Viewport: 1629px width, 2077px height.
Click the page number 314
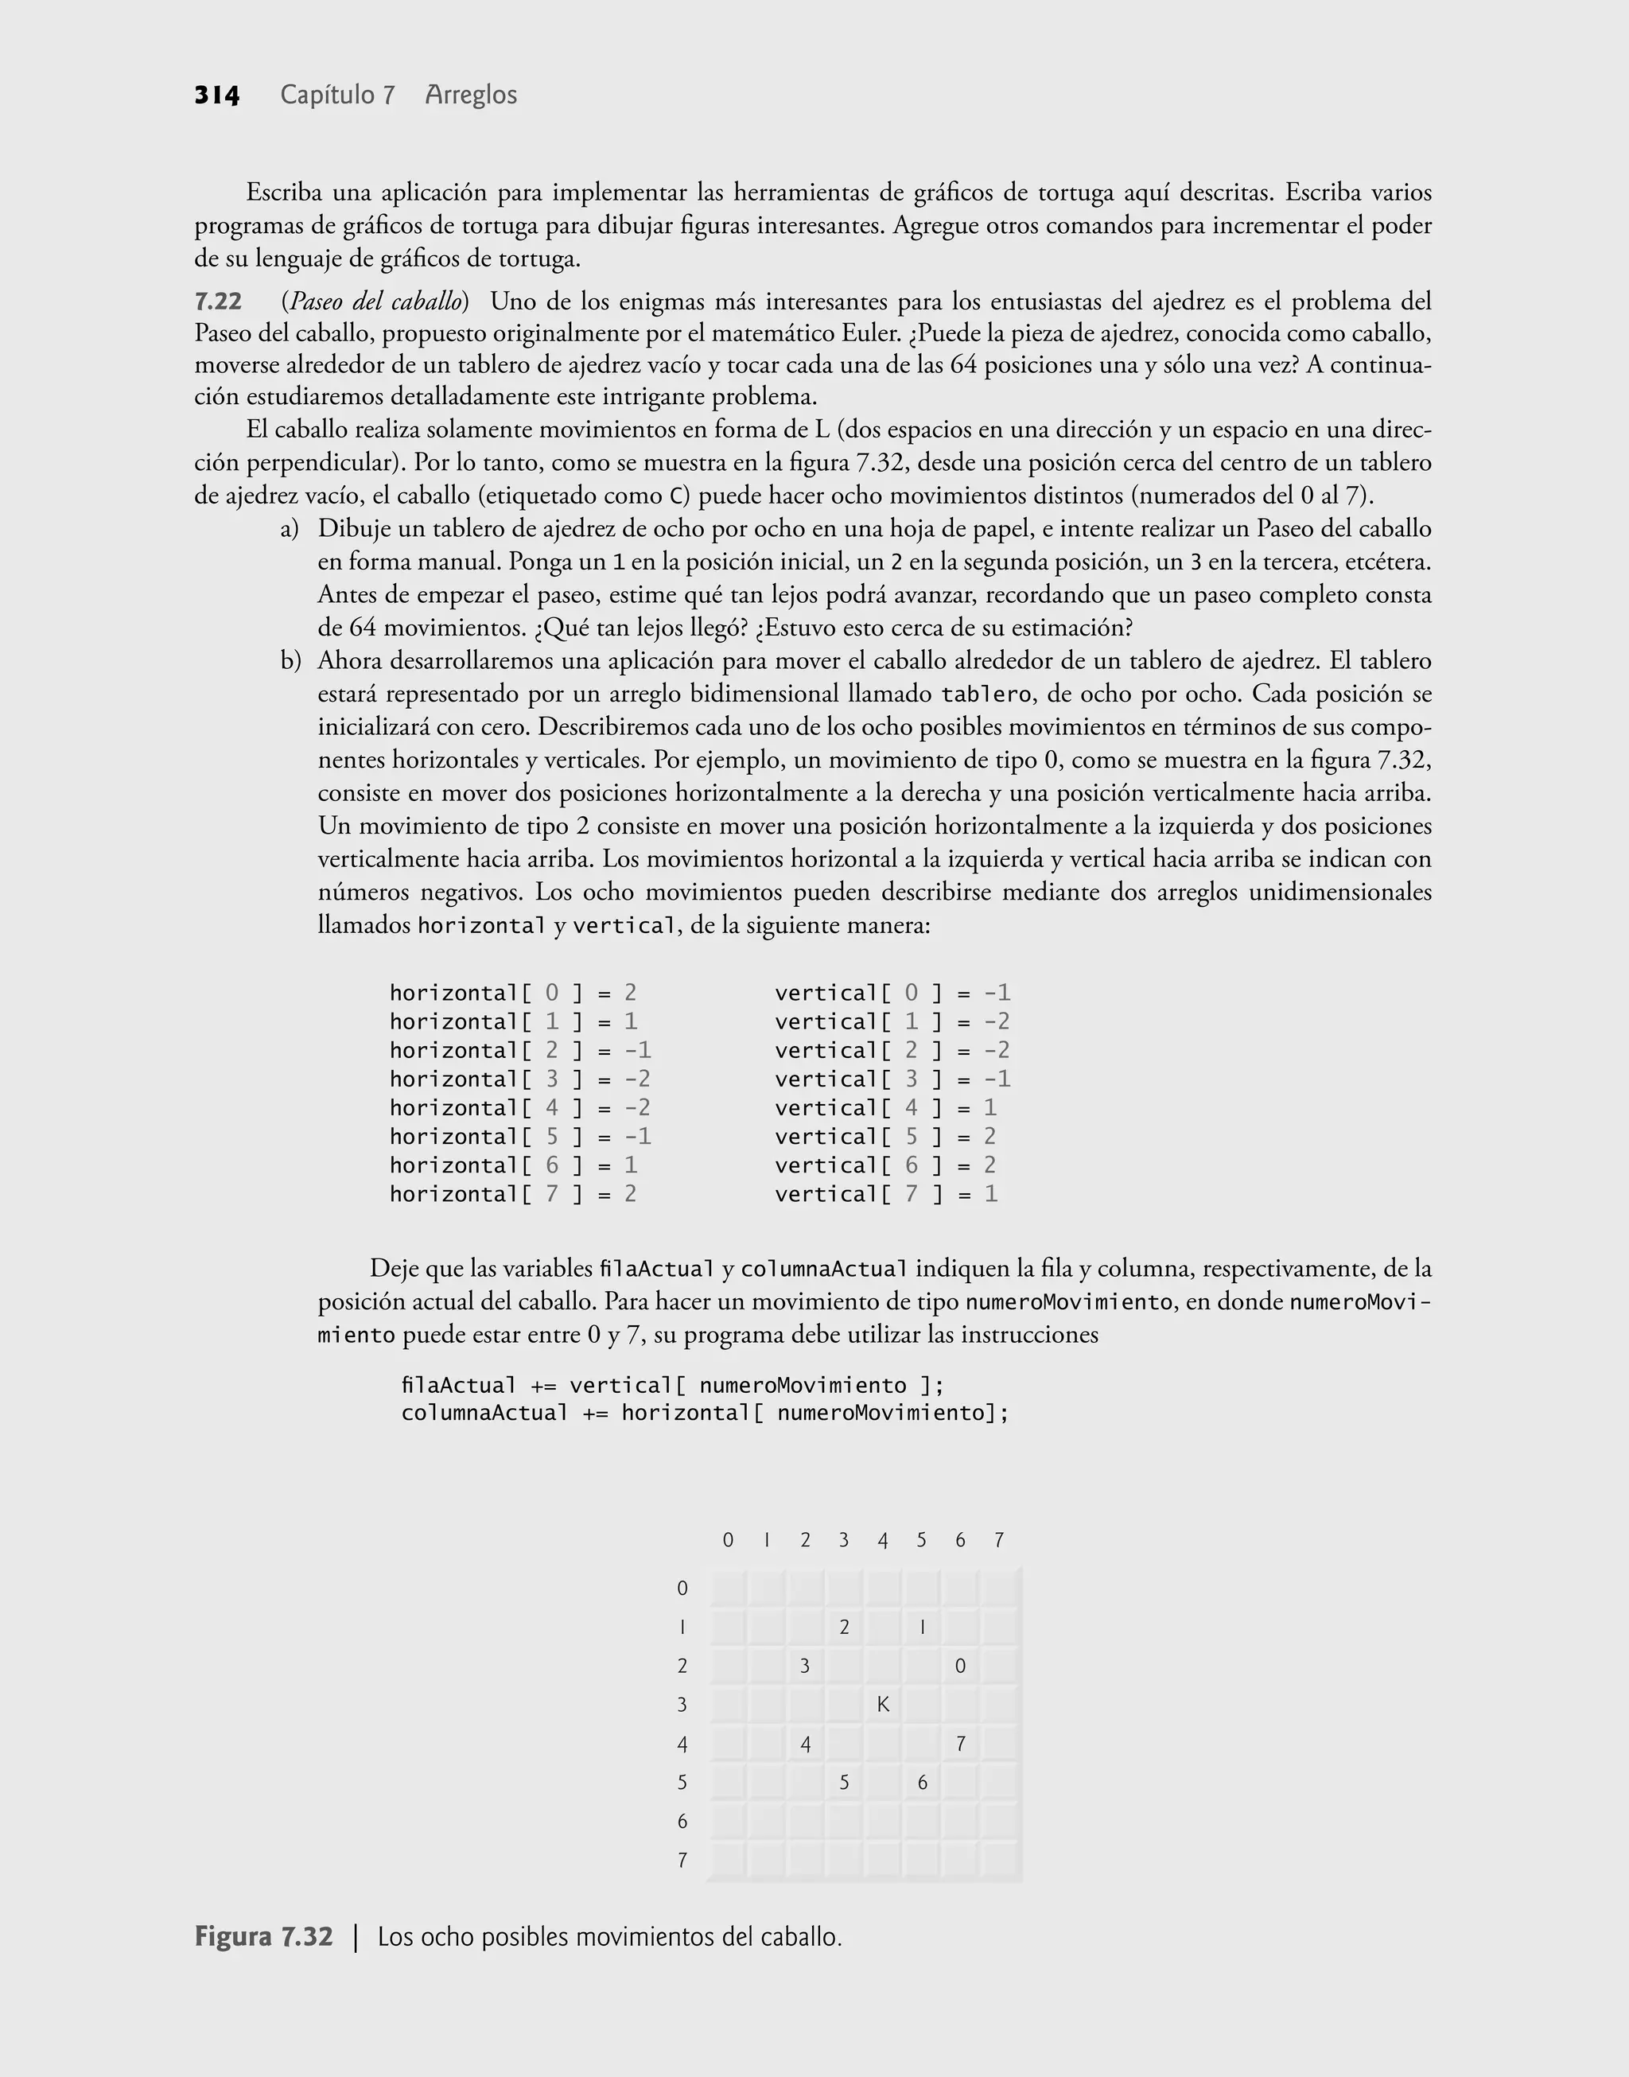(216, 95)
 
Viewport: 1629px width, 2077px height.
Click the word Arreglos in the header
(471, 95)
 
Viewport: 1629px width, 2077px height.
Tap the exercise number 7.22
(219, 302)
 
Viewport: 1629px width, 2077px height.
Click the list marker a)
(290, 529)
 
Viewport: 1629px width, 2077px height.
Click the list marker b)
(290, 661)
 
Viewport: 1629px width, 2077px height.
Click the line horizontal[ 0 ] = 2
(512, 994)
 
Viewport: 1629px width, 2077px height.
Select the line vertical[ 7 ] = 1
(886, 1194)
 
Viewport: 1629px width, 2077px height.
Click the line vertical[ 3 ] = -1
(892, 1079)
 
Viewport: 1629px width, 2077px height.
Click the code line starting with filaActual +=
(672, 1385)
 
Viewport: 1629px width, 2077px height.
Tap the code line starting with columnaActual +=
(705, 1412)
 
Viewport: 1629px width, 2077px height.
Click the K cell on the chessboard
(883, 1705)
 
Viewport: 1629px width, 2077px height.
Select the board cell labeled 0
(960, 1666)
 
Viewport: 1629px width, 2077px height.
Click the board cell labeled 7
(960, 1744)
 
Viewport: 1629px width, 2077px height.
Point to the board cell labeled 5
(844, 1783)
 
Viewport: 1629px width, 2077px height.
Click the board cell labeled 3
(805, 1666)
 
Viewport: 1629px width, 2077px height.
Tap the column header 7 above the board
(998, 1540)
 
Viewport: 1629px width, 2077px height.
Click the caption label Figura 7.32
(264, 1938)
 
